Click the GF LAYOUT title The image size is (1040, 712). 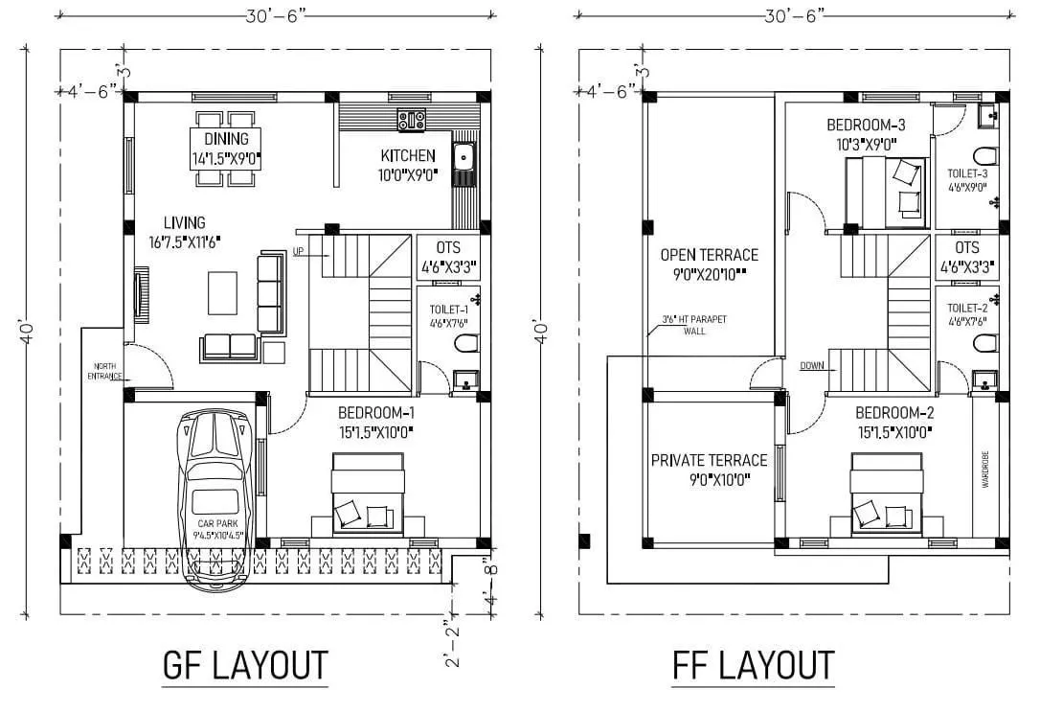[x=245, y=664]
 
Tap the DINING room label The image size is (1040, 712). [x=226, y=139]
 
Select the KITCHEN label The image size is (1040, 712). [x=408, y=156]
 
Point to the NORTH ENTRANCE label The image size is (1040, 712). [x=106, y=372]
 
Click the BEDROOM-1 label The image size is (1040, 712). [x=376, y=413]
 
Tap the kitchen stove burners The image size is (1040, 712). [x=412, y=121]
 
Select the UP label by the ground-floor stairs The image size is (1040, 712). [x=299, y=251]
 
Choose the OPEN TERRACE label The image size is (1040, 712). [x=709, y=255]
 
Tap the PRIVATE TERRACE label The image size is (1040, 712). [x=709, y=460]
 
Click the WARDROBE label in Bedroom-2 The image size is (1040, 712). [x=984, y=470]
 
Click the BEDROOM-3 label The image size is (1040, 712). [x=866, y=126]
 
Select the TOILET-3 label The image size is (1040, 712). [x=967, y=173]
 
